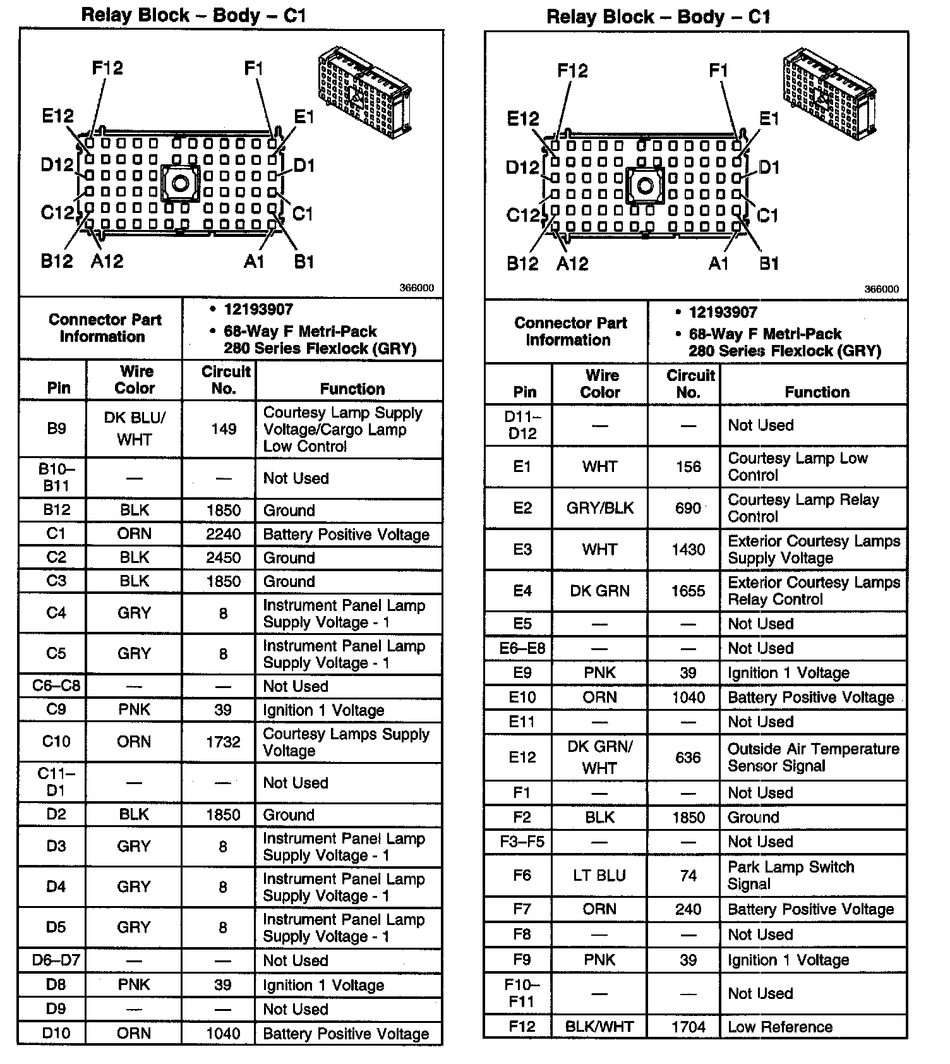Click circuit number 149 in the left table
[x=224, y=429]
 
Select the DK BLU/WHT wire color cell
[x=134, y=428]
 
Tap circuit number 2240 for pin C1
[x=224, y=535]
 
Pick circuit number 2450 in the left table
[x=224, y=558]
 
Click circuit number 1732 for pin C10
[x=224, y=742]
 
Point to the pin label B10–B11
[x=56, y=478]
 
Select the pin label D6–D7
[x=56, y=960]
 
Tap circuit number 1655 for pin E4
[x=688, y=591]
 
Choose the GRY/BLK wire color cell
[x=599, y=508]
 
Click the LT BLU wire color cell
[x=599, y=876]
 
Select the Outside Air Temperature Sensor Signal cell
[x=813, y=757]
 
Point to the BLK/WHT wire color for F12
[x=599, y=1027]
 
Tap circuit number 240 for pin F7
[x=688, y=909]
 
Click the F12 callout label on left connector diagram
[x=107, y=68]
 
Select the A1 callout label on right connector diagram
[x=718, y=263]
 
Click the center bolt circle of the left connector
[x=180, y=184]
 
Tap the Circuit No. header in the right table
[x=690, y=384]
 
